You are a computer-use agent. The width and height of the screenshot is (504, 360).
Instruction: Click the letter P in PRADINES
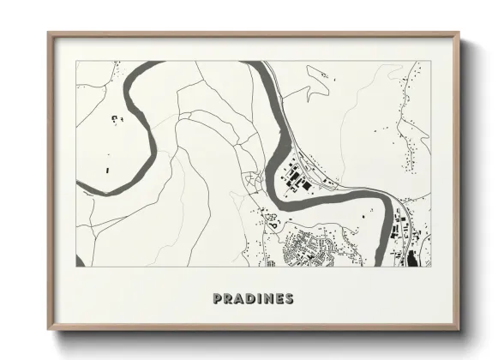click(x=217, y=299)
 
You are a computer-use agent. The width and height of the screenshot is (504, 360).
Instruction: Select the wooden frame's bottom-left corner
click(x=48, y=330)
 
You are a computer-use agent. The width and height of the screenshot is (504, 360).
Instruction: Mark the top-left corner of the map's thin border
click(x=75, y=61)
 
